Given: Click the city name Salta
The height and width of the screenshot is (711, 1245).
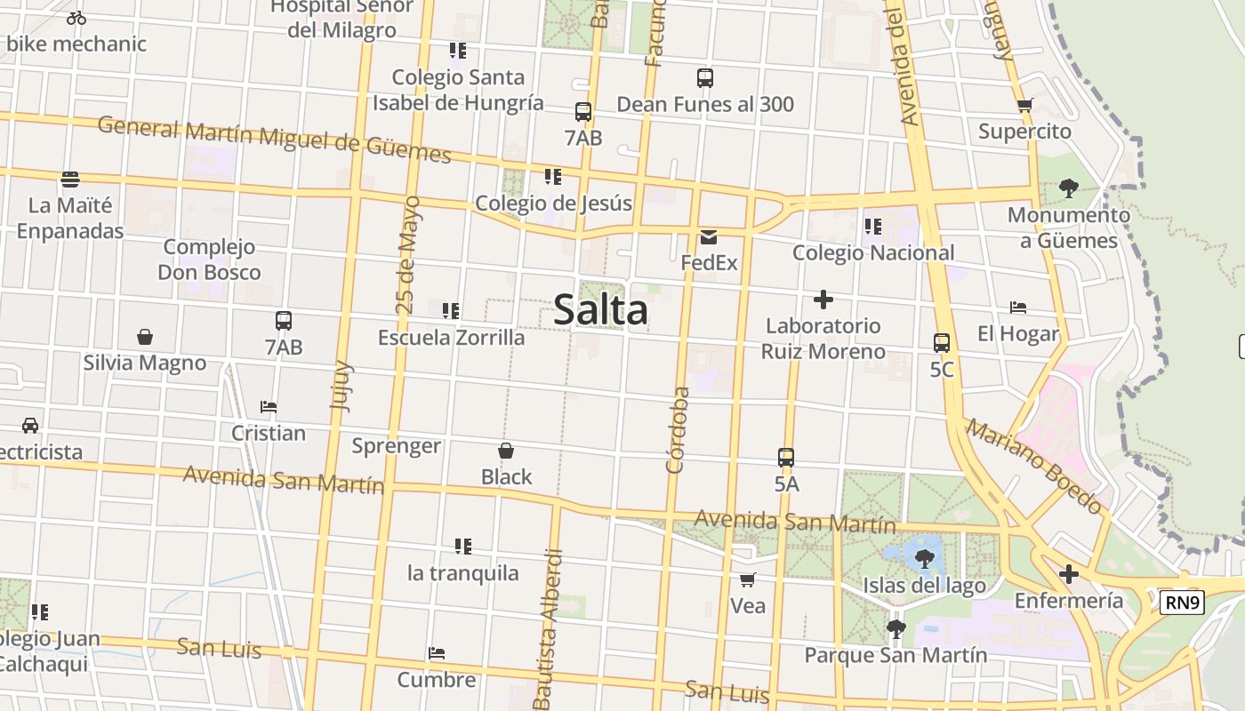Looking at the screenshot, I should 600,310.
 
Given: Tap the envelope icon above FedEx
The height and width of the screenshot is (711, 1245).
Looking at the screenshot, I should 709,237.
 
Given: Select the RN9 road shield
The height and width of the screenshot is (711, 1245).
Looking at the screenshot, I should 1182,603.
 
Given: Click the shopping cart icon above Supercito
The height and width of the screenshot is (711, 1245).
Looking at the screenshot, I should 1024,106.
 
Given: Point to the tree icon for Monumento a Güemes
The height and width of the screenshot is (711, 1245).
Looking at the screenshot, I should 1068,188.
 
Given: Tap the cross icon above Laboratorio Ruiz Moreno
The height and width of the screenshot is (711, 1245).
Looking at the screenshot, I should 823,300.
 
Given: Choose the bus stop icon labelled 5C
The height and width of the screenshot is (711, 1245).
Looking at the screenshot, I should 942,342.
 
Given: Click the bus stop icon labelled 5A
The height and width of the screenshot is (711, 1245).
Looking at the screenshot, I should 786,458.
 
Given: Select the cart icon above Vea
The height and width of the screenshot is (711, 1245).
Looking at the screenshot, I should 748,579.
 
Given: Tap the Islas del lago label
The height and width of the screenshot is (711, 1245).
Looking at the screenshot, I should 924,586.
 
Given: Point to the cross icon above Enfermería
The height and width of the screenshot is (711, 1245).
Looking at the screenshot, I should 1069,574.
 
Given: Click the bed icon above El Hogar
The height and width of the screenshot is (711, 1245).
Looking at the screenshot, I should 1018,308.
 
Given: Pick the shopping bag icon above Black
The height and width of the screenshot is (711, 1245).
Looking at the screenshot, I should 506,451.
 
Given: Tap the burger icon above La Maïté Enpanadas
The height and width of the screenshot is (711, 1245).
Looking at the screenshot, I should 70,180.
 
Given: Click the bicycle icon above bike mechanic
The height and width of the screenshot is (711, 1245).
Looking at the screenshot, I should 76,18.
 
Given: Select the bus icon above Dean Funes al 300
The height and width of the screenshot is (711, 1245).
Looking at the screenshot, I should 705,78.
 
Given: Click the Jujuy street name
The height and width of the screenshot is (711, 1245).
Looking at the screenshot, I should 341,385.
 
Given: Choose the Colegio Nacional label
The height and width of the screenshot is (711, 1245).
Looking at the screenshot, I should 872,253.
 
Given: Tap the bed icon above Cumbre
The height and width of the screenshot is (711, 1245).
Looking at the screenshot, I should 436,653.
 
